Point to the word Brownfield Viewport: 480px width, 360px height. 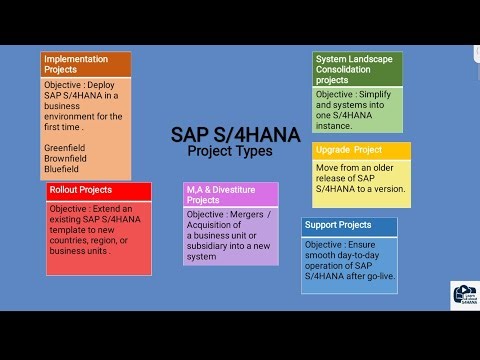(x=67, y=157)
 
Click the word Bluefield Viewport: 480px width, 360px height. (x=63, y=170)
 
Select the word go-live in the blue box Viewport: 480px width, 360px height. (x=376, y=269)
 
